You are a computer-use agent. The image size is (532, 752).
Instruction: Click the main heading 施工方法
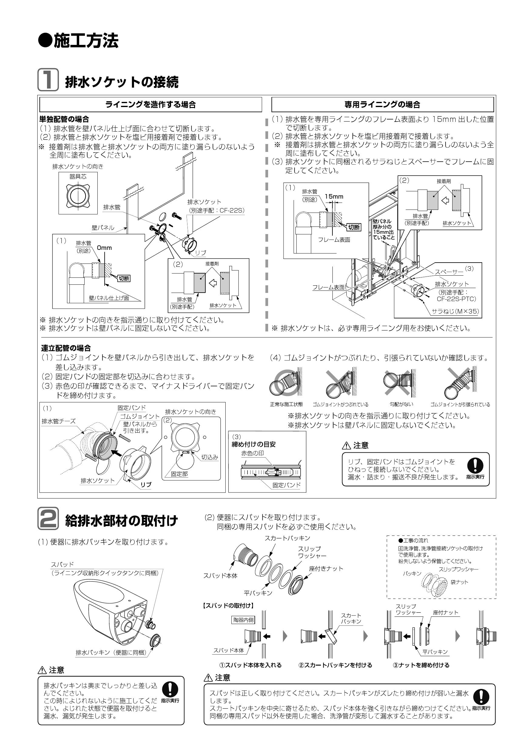click(x=79, y=41)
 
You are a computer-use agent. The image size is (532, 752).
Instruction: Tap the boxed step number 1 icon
click(x=48, y=79)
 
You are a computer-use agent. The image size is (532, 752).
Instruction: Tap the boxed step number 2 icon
click(x=48, y=518)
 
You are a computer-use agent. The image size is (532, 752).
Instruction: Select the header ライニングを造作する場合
click(x=151, y=105)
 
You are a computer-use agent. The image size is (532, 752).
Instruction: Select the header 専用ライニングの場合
click(x=382, y=105)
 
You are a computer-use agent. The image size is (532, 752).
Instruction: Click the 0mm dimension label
click(x=104, y=248)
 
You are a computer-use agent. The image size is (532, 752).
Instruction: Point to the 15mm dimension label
click(x=334, y=196)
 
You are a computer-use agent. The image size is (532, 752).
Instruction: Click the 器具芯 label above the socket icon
click(x=78, y=176)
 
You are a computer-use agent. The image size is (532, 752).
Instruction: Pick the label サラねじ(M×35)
click(x=455, y=311)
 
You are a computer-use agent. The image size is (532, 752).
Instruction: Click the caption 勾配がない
click(x=401, y=405)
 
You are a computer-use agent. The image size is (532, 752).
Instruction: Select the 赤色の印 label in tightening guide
click(x=253, y=453)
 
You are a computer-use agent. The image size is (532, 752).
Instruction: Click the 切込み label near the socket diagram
click(x=210, y=457)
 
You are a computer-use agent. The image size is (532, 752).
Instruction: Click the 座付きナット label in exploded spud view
click(x=326, y=569)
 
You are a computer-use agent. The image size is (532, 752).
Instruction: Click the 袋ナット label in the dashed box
click(x=459, y=582)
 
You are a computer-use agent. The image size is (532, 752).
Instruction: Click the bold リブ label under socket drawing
click(x=146, y=485)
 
